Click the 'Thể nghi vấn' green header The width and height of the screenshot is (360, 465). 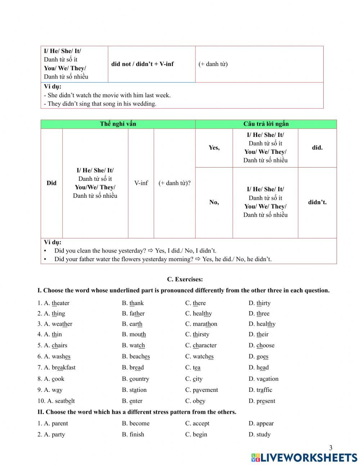click(118, 124)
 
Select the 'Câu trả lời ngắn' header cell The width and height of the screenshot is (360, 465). click(266, 124)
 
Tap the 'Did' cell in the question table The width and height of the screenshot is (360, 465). click(51, 183)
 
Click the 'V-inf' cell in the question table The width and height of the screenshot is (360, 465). click(141, 183)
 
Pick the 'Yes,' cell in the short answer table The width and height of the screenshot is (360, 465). click(214, 148)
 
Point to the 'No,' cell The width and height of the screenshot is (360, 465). click(214, 202)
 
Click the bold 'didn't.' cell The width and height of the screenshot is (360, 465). click(317, 202)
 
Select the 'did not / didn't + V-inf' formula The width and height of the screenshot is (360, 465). click(143, 64)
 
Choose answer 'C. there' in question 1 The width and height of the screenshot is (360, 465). click(195, 303)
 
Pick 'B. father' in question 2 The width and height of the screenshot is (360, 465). click(133, 314)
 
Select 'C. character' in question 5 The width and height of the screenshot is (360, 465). click(201, 345)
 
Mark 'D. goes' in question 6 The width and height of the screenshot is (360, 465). click(258, 357)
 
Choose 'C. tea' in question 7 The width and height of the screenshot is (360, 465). click(193, 368)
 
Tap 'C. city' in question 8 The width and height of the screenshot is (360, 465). click(194, 379)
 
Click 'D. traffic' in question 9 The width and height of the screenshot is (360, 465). click(260, 390)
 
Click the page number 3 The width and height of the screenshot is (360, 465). click(331, 448)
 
